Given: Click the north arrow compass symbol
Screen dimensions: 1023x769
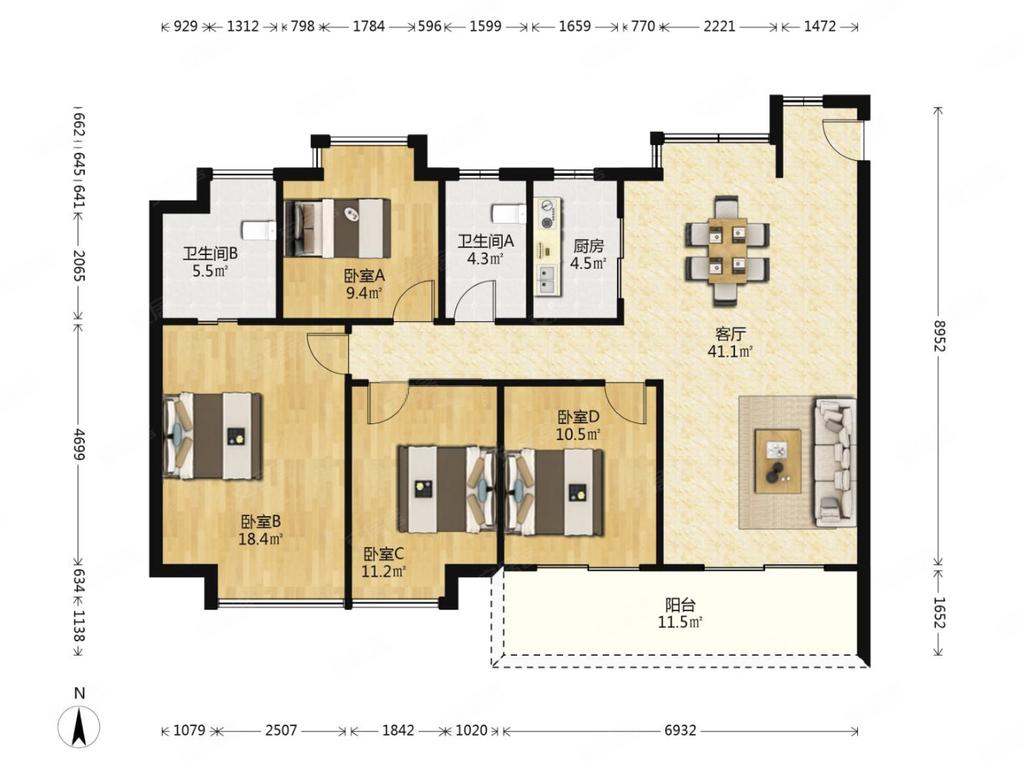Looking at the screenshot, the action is point(79,726).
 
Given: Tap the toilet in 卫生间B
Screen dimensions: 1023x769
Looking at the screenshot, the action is point(259,231).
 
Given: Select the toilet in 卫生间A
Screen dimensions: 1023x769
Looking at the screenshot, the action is point(509,214).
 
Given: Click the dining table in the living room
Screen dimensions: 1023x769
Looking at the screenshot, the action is point(726,251).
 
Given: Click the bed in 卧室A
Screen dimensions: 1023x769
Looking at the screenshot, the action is point(337,228).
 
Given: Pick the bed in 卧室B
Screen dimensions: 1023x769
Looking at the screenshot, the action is point(212,436).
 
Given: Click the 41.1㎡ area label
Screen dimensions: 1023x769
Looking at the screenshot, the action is point(730,351).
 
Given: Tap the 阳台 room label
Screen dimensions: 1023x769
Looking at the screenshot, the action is point(680,605).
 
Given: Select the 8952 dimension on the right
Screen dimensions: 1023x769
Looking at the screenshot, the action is point(937,335).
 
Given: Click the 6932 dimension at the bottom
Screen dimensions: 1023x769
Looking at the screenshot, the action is point(680,730).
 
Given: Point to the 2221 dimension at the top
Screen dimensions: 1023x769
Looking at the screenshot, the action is point(719,26).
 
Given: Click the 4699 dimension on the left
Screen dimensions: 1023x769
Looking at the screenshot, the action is point(79,444).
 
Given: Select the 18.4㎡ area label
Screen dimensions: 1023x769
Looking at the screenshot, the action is point(261,539).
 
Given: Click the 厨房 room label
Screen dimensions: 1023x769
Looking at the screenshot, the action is point(588,246).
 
